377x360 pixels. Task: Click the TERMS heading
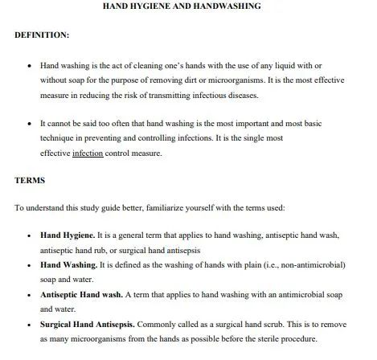30,181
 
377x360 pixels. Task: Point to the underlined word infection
88,153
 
